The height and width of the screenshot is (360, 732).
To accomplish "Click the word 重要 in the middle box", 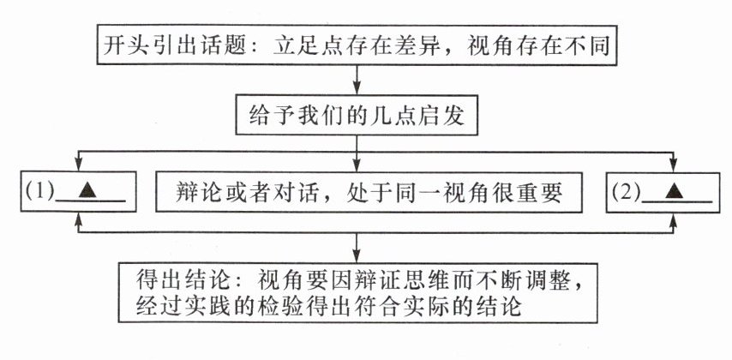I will click(x=542, y=194).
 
